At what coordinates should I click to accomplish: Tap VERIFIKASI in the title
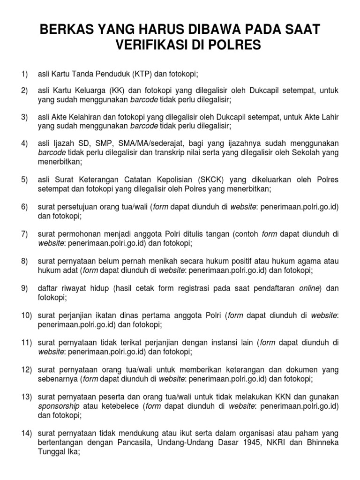click(155, 46)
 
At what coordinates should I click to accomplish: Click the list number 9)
click(25, 288)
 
